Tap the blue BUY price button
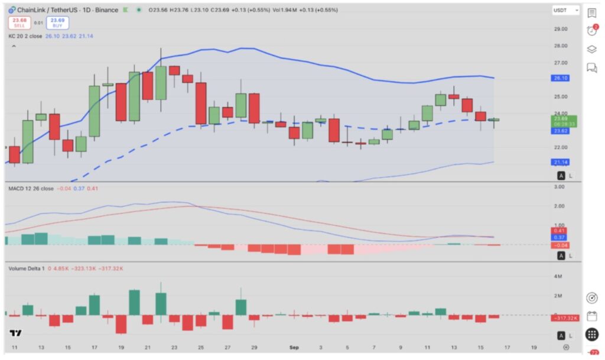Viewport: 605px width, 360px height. click(58, 23)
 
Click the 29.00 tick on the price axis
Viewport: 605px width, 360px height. click(560, 29)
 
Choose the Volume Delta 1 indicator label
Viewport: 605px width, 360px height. click(26, 268)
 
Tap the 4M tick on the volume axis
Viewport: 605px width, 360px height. click(558, 276)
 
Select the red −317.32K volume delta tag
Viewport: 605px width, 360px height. click(564, 318)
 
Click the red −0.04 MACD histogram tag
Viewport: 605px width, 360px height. click(560, 245)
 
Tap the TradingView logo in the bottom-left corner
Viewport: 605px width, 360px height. click(16, 334)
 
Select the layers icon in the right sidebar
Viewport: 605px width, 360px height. click(591, 49)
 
